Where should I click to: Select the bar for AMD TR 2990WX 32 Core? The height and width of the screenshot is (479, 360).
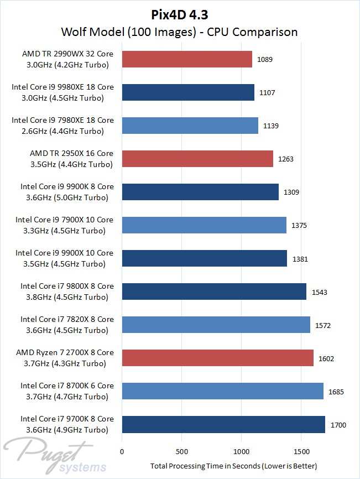(187, 59)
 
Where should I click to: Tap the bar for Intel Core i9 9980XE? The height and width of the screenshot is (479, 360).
(188, 92)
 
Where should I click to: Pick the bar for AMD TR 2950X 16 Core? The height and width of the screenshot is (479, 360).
(197, 159)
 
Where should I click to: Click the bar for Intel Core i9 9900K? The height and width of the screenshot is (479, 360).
(200, 192)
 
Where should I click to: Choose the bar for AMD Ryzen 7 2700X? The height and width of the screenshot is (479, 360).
(218, 358)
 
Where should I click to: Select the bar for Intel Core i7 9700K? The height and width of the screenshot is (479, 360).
(223, 424)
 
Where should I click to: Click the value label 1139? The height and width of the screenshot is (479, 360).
(271, 126)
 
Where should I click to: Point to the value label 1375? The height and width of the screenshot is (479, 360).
(299, 225)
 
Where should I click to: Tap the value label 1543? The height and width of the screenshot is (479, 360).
(319, 291)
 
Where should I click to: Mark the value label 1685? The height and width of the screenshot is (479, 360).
(336, 392)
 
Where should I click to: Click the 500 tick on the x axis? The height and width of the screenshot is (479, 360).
(182, 451)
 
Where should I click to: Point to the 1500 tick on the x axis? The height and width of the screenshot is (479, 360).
(301, 451)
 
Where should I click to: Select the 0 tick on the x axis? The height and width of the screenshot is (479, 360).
(122, 451)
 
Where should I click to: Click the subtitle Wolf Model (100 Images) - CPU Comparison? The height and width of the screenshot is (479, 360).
(180, 32)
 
